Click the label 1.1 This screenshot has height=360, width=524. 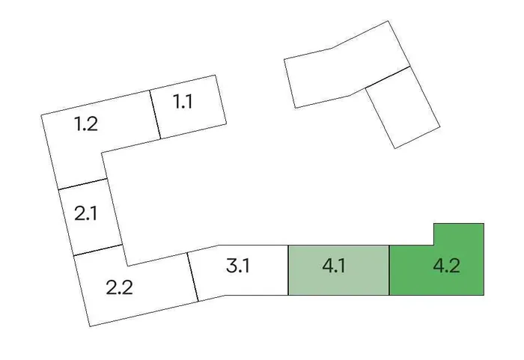click(183, 101)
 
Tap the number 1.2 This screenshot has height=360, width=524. click(86, 123)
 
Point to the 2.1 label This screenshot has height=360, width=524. click(86, 213)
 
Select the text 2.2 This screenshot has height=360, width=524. click(119, 287)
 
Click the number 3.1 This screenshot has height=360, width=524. click(238, 265)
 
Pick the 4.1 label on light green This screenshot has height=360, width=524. click(334, 266)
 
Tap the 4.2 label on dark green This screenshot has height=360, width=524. click(446, 266)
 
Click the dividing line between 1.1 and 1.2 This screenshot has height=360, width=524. click(156, 114)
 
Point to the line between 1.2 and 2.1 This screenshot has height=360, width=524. click(82, 184)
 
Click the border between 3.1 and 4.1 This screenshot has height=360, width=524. click(288, 269)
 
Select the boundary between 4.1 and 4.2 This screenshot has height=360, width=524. click(389, 269)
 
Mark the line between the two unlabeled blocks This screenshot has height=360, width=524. click(388, 78)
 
